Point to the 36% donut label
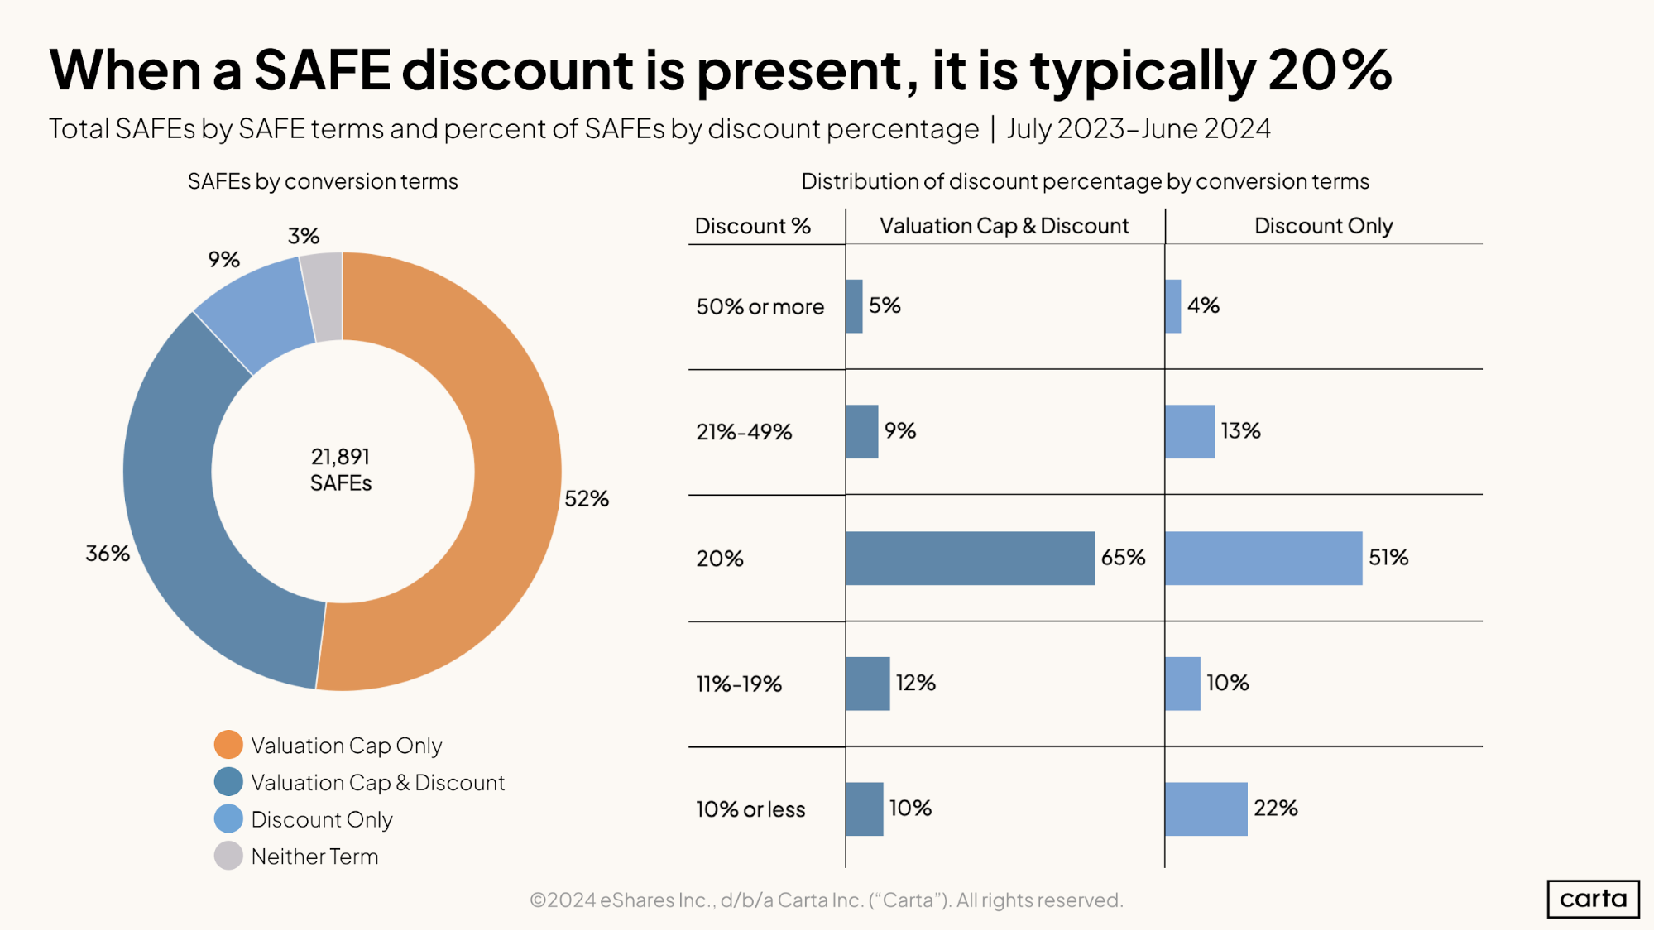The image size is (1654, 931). click(x=108, y=553)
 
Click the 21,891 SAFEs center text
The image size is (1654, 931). click(x=341, y=469)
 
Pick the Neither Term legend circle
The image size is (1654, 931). click(x=228, y=856)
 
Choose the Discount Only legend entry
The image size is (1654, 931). click(x=321, y=819)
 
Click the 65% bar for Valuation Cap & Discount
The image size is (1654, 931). click(x=969, y=558)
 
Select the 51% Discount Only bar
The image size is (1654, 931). click(x=1263, y=558)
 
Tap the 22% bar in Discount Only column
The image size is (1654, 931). click(x=1206, y=809)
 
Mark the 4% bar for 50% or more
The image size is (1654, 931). click(x=1172, y=306)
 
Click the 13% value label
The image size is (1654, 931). click(x=1240, y=430)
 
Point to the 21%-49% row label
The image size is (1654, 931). click(x=744, y=432)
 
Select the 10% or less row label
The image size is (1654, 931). click(x=750, y=809)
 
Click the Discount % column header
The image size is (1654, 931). click(x=752, y=226)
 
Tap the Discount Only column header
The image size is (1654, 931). click(x=1323, y=226)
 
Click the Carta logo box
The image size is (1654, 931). click(x=1593, y=899)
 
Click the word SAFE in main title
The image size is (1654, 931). click(x=322, y=70)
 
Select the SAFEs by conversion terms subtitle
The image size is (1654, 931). click(x=323, y=181)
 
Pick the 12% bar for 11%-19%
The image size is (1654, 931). click(x=867, y=684)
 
